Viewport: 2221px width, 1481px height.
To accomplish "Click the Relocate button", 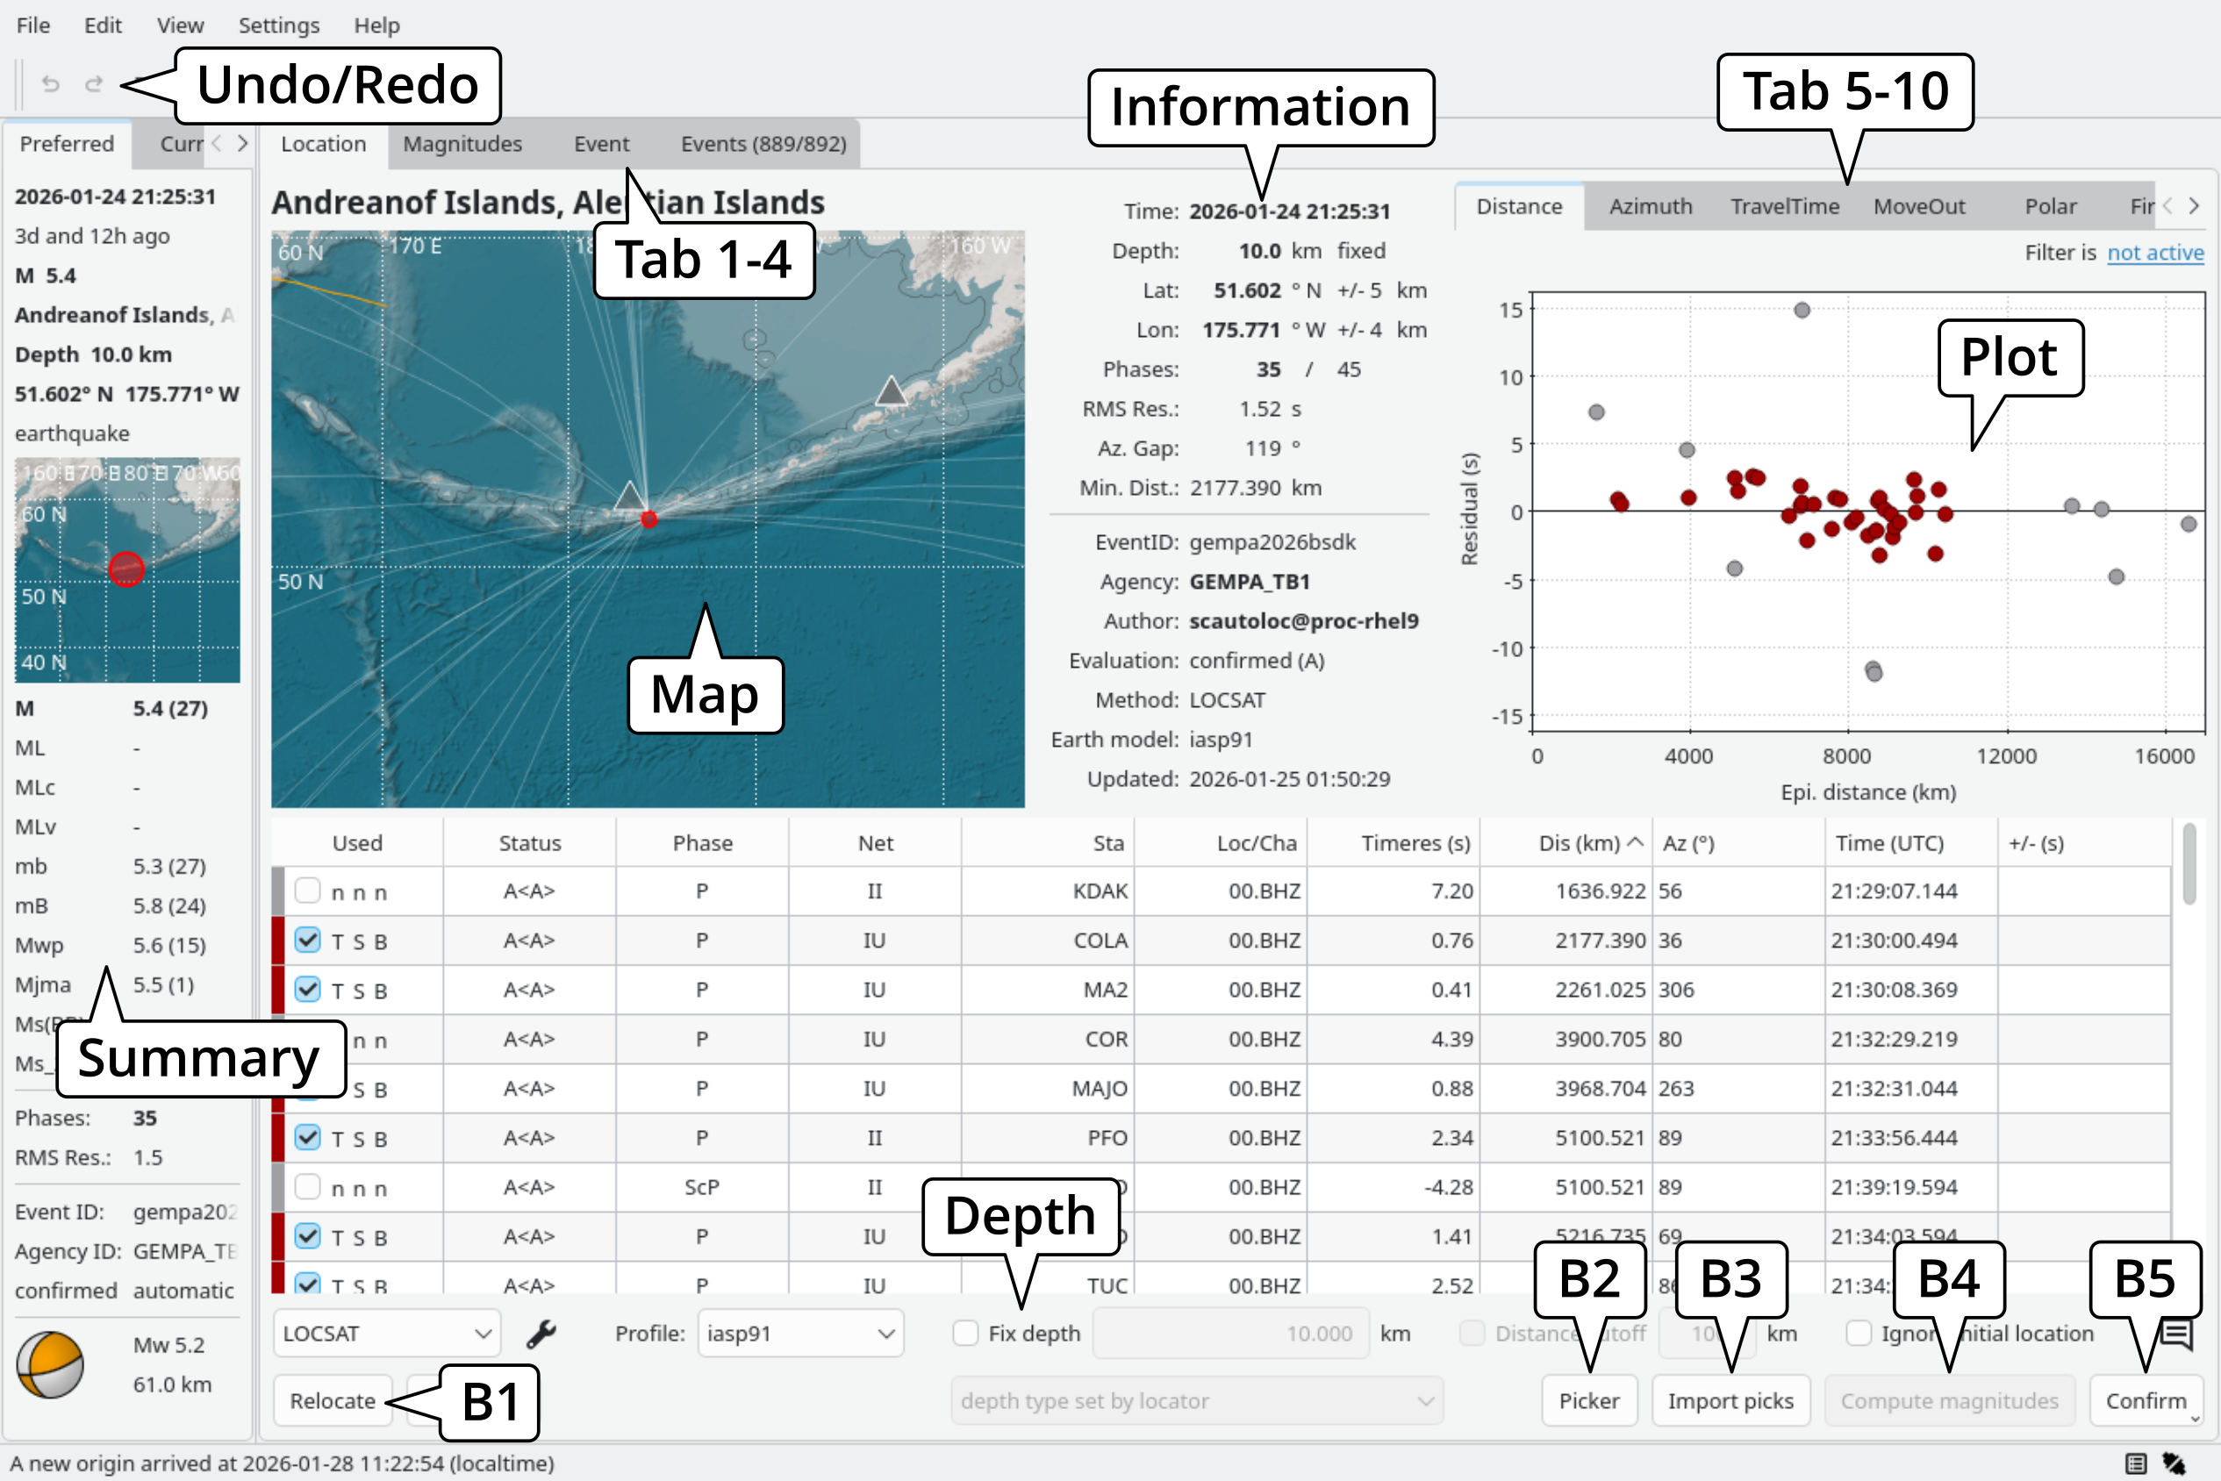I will point(333,1400).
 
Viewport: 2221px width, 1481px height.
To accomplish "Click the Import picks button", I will point(1730,1400).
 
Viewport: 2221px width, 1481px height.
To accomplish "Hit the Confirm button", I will point(2145,1400).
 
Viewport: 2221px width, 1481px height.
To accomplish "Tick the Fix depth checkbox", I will point(965,1333).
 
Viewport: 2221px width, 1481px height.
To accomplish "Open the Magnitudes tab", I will point(462,144).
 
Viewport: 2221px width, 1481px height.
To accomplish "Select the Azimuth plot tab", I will point(1650,206).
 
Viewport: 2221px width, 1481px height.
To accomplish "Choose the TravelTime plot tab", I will point(1784,206).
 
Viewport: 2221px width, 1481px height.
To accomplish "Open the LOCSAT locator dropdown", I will point(387,1333).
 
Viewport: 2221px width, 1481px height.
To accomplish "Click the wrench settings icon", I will point(541,1333).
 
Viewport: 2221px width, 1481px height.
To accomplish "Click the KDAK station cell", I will point(1100,891).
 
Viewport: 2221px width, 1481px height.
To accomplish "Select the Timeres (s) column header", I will point(1415,842).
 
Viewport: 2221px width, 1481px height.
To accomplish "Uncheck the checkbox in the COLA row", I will point(307,940).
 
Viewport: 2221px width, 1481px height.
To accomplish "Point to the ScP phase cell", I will point(701,1187).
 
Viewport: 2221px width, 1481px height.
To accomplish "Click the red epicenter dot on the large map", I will point(649,519).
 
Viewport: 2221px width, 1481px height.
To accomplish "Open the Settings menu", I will point(279,25).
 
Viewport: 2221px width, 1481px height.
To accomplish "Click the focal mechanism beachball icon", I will point(50,1364).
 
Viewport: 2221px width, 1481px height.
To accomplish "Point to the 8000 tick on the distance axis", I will point(1846,755).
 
